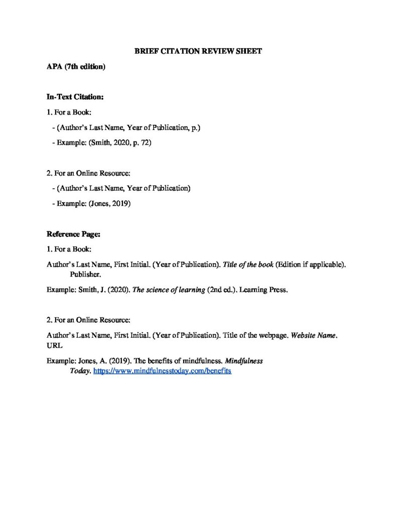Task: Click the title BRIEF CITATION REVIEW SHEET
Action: (x=198, y=52)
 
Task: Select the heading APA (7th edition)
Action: (x=76, y=66)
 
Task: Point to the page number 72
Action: (x=146, y=143)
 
